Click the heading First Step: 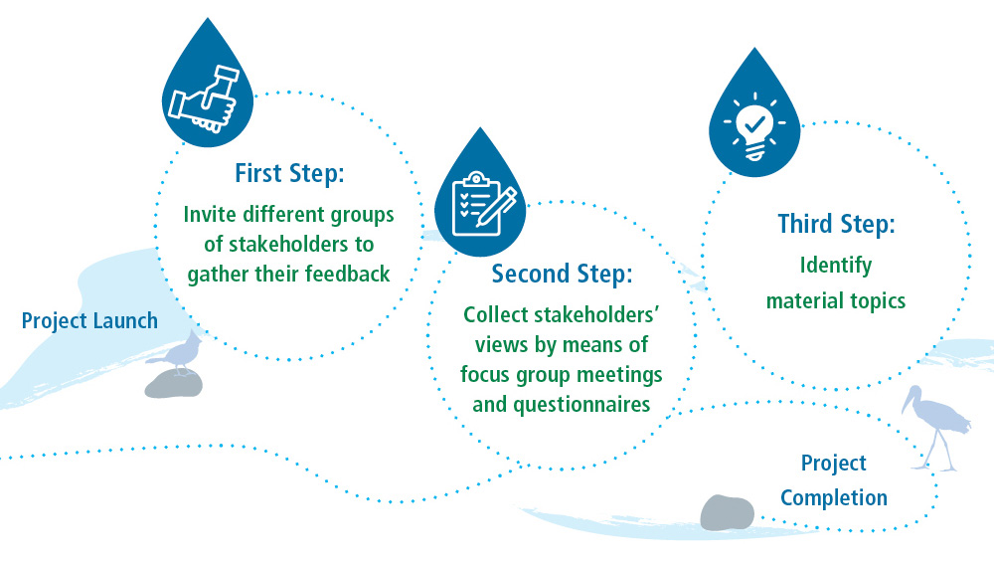click(x=289, y=173)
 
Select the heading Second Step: click(x=562, y=272)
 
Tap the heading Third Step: click(x=837, y=225)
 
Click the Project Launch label click(x=89, y=320)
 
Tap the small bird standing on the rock click(x=181, y=353)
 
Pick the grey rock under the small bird click(x=174, y=384)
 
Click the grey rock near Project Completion click(x=728, y=511)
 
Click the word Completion click(x=834, y=496)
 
